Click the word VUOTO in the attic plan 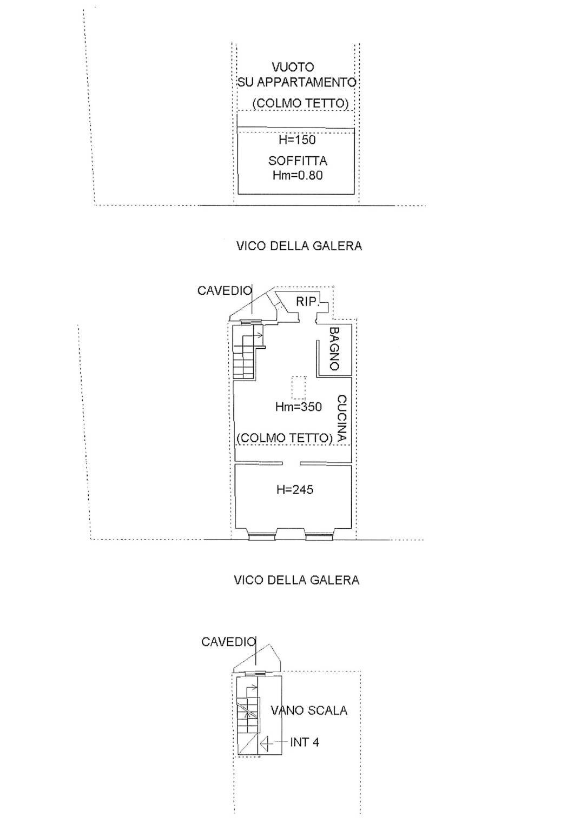point(293,68)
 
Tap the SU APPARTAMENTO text point(296,83)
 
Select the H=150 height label point(297,140)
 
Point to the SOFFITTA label point(298,161)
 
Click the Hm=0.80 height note point(298,175)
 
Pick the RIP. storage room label point(307,302)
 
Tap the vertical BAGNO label point(334,349)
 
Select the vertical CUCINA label point(341,419)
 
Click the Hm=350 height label point(298,407)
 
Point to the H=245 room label point(295,490)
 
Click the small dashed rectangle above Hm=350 point(298,387)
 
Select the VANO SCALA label point(309,711)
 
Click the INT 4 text point(305,742)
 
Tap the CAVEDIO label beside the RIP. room point(225,291)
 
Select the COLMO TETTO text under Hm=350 point(285,438)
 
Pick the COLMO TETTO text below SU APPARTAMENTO point(300,103)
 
